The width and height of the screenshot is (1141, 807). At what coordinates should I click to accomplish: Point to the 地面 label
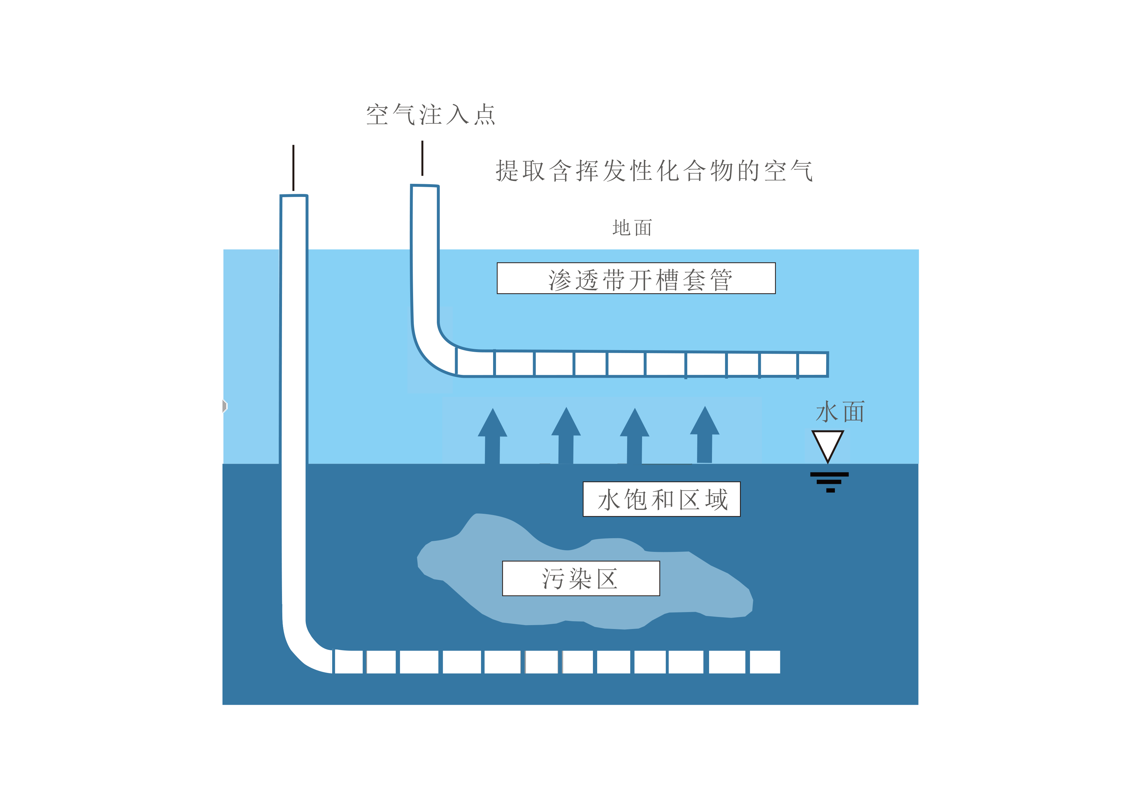[x=632, y=228]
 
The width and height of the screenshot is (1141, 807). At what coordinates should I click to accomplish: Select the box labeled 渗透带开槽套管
[x=636, y=278]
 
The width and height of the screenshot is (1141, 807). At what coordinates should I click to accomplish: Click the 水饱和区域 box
[x=662, y=499]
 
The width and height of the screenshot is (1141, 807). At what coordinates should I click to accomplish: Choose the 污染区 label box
[x=581, y=578]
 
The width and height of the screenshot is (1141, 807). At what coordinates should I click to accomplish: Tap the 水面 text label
[x=840, y=412]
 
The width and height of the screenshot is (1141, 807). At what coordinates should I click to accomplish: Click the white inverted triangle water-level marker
[x=828, y=444]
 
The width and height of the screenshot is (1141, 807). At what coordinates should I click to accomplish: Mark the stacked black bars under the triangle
[x=829, y=482]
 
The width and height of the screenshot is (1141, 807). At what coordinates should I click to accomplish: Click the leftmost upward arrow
[x=492, y=436]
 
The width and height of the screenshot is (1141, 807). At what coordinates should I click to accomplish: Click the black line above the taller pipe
[x=293, y=168]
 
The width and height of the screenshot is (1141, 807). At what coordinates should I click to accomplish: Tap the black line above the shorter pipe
[x=423, y=158]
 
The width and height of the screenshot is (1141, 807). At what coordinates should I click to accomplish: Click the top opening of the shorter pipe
[x=425, y=186]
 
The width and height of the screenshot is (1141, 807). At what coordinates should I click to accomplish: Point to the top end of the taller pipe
[x=294, y=196]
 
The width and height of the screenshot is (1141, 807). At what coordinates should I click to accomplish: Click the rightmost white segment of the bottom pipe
[x=765, y=662]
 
